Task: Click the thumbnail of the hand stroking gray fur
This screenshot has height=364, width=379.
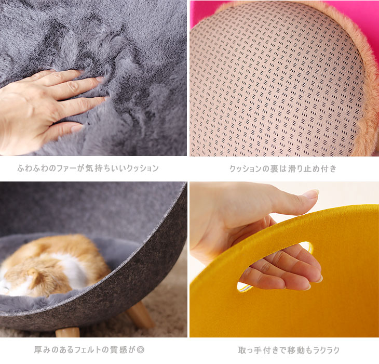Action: click(x=93, y=78)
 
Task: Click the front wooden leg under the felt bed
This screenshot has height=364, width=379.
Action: click(x=67, y=332)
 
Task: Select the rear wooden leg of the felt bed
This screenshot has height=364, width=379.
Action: click(x=140, y=314)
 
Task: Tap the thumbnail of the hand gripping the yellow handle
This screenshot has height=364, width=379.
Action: click(x=285, y=259)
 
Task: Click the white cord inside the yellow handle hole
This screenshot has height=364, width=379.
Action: click(x=244, y=287)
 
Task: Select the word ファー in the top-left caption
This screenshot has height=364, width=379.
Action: click(x=66, y=168)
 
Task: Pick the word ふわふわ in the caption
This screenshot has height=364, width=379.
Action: click(x=33, y=168)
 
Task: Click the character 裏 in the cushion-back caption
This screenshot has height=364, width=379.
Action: click(x=274, y=168)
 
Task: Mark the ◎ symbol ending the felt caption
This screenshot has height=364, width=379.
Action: click(x=140, y=350)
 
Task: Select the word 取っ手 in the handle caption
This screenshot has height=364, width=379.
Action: click(x=250, y=350)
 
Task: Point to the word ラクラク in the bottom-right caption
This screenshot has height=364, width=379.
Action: click(x=327, y=350)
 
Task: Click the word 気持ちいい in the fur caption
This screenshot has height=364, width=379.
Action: click(x=106, y=168)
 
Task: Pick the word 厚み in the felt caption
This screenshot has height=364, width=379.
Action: click(x=42, y=350)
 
